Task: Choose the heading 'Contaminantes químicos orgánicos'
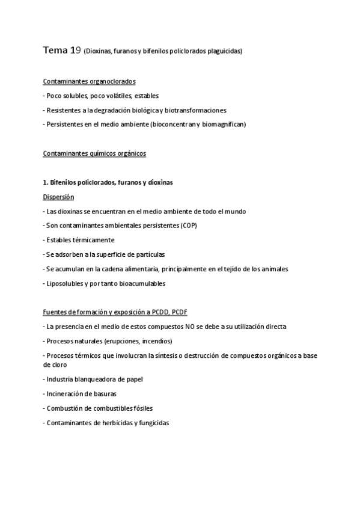click(x=94, y=153)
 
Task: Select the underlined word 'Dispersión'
click(x=58, y=197)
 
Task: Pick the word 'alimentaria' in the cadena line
click(x=142, y=269)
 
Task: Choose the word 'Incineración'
click(x=65, y=394)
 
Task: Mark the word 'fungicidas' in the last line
click(x=153, y=423)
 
